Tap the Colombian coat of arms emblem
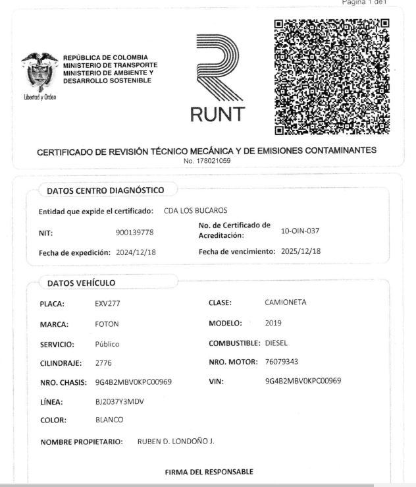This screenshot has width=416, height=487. [39, 74]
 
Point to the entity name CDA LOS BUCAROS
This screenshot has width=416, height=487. [195, 211]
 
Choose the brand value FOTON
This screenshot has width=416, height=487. [108, 324]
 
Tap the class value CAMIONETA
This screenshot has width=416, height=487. [286, 302]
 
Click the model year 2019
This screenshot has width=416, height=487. [273, 323]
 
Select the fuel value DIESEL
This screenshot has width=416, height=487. [276, 343]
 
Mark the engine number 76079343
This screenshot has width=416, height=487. [283, 362]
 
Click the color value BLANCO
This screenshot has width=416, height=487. [109, 420]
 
